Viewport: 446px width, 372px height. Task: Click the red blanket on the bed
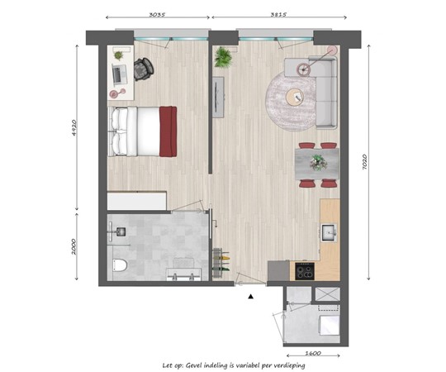(x=168, y=131)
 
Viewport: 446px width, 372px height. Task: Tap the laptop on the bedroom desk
(x=119, y=74)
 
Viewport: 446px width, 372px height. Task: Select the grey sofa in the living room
(x=325, y=91)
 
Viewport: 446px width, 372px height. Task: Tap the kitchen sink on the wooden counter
(x=329, y=232)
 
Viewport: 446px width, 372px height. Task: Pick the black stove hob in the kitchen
(x=304, y=269)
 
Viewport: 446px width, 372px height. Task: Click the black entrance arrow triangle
(x=250, y=295)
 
